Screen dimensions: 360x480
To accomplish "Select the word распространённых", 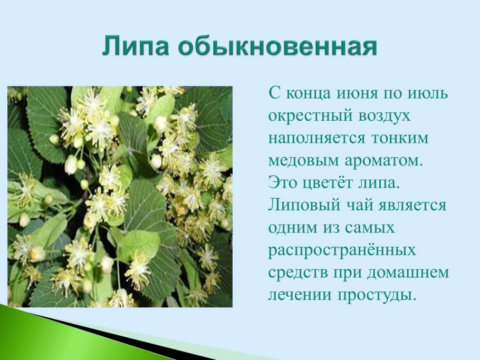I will [342, 249].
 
